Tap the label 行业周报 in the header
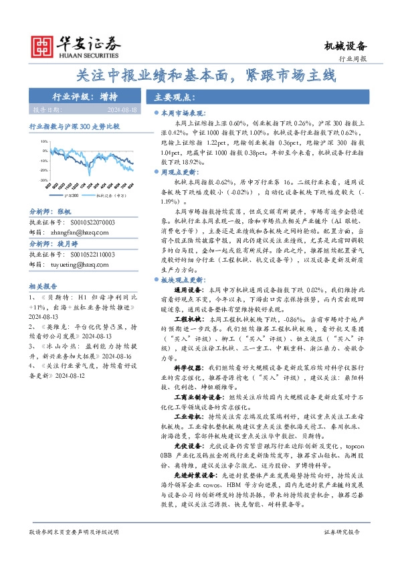[x=354, y=60]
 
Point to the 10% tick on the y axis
[x=43, y=142]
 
